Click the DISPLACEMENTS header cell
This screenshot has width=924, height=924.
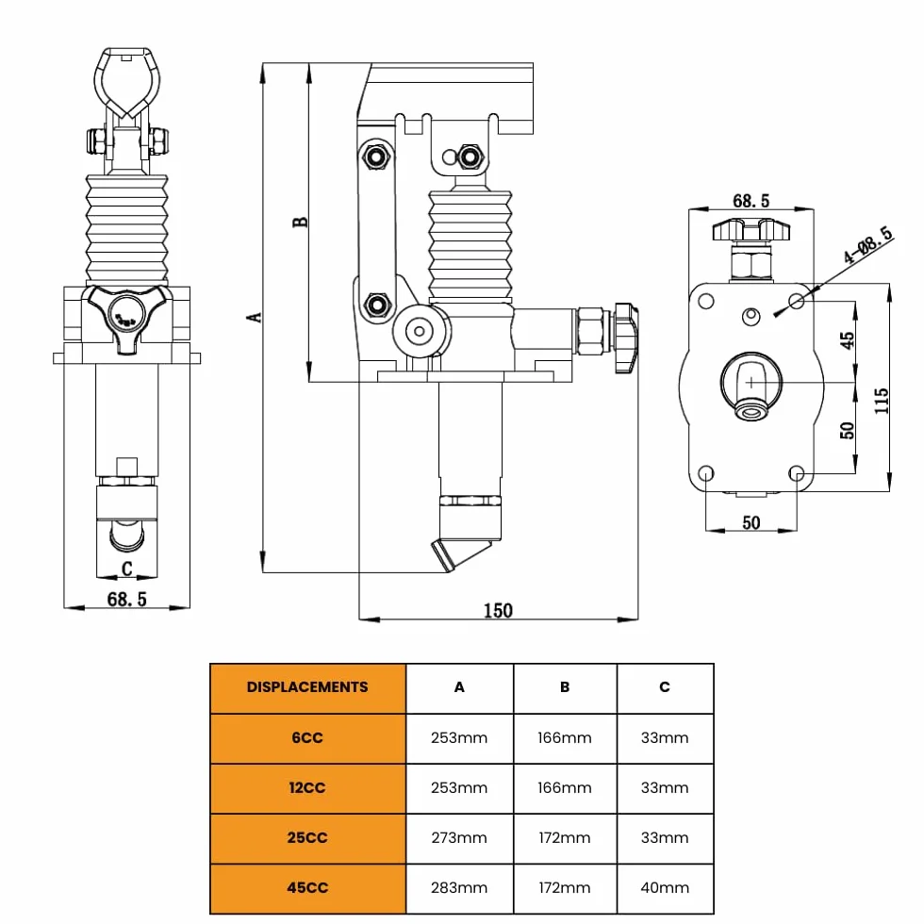point(307,687)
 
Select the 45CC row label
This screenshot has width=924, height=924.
point(307,887)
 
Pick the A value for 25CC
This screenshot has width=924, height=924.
point(459,837)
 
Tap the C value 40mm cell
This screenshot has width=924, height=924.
point(665,887)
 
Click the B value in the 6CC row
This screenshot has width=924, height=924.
point(565,737)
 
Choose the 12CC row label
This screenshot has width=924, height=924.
point(307,788)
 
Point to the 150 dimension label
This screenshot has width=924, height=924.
point(498,611)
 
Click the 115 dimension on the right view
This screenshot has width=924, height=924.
point(882,401)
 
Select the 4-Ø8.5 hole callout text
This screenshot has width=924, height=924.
point(867,245)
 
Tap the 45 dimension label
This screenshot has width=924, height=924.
point(847,340)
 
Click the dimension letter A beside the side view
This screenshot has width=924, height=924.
point(254,317)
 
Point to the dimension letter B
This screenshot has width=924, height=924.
point(300,223)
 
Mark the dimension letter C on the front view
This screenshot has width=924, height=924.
point(126,569)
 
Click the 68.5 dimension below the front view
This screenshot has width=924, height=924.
point(126,600)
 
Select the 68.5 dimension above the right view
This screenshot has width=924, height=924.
point(751,201)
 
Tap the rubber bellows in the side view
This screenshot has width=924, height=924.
point(470,244)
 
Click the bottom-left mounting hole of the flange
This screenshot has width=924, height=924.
point(706,473)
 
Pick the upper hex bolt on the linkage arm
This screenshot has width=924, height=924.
point(376,157)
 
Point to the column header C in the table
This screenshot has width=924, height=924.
point(665,687)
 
